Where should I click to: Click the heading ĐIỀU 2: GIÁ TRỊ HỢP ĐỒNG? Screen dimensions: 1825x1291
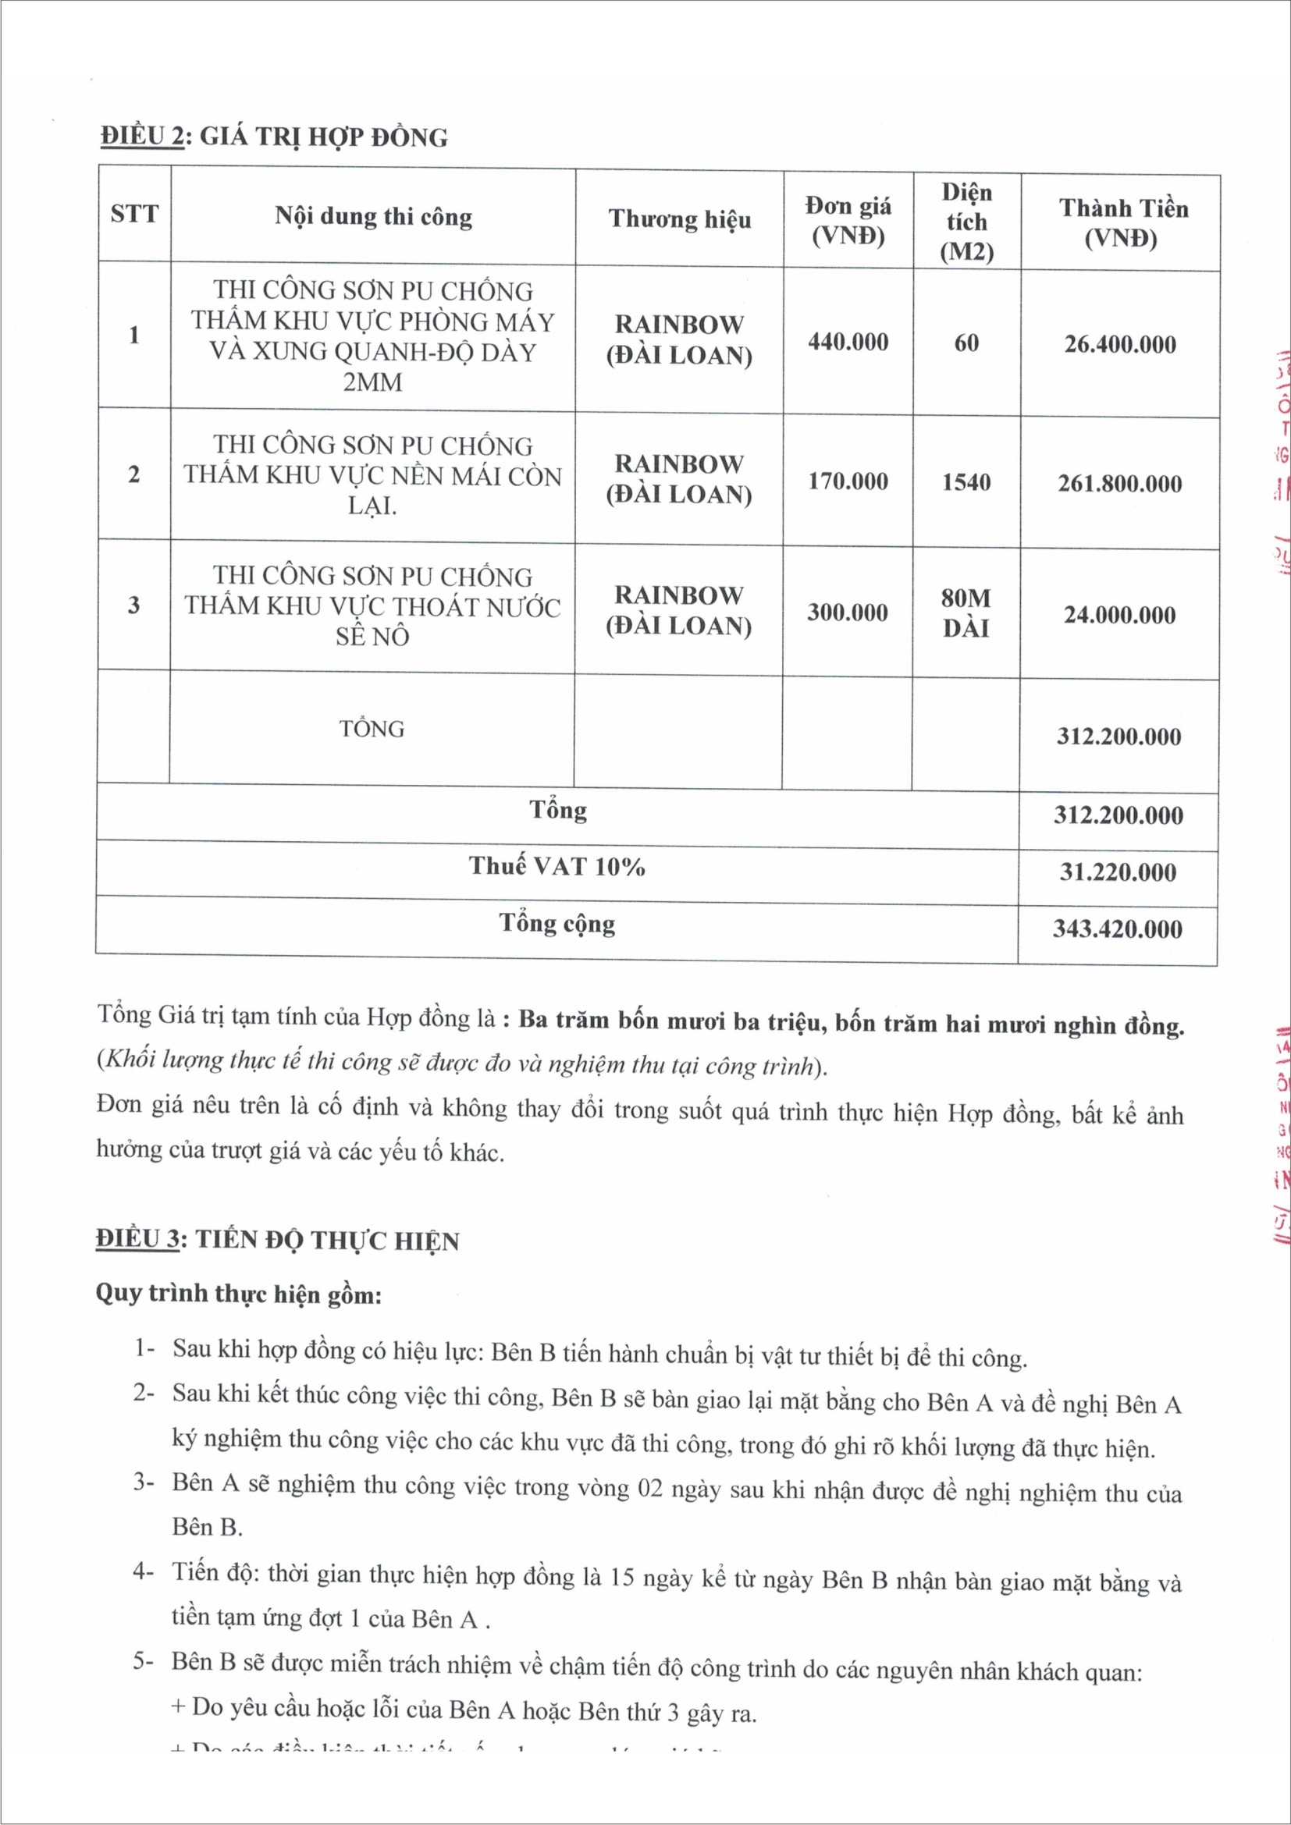click(x=273, y=137)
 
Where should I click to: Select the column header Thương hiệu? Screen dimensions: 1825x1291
click(x=679, y=218)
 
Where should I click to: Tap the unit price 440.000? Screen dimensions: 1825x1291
click(x=848, y=342)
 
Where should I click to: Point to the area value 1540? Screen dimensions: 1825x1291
click(x=966, y=481)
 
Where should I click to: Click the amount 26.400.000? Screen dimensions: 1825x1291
click(x=1119, y=344)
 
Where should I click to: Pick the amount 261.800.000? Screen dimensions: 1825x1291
click(x=1119, y=483)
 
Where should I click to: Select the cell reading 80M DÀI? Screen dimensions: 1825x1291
click(x=966, y=612)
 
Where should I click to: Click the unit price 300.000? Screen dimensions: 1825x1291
click(x=848, y=612)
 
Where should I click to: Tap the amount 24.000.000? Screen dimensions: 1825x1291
click(x=1119, y=614)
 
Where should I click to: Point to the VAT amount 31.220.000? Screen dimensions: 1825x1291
click(x=1118, y=872)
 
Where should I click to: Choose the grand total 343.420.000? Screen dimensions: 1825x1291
click(x=1118, y=928)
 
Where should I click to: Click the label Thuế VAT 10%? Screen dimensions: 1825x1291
click(x=557, y=866)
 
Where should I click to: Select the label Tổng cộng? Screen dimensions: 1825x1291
click(x=557, y=924)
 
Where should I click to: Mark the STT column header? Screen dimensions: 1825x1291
click(x=134, y=214)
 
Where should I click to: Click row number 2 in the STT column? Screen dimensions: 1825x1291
click(x=133, y=474)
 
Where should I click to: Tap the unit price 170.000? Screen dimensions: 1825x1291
click(x=848, y=481)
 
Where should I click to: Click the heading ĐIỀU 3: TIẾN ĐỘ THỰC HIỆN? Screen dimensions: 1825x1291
click(x=277, y=1240)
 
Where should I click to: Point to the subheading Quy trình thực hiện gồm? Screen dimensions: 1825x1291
click(x=239, y=1293)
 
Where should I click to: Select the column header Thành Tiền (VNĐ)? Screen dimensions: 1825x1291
click(x=1122, y=222)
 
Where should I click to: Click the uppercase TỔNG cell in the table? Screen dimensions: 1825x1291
click(x=372, y=728)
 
